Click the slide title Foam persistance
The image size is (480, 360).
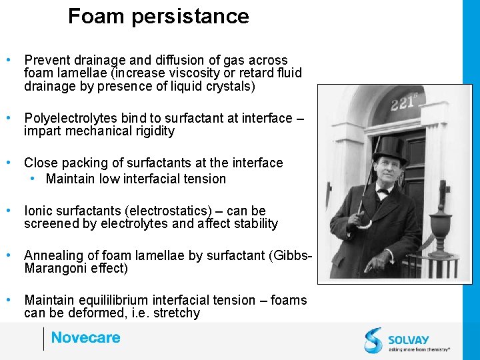pos(158,17)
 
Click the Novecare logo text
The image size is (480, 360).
pos(85,338)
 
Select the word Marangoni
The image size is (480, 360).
pos(57,269)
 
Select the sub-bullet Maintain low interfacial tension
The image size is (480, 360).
pos(136,179)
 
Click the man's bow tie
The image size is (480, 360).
pos(383,190)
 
